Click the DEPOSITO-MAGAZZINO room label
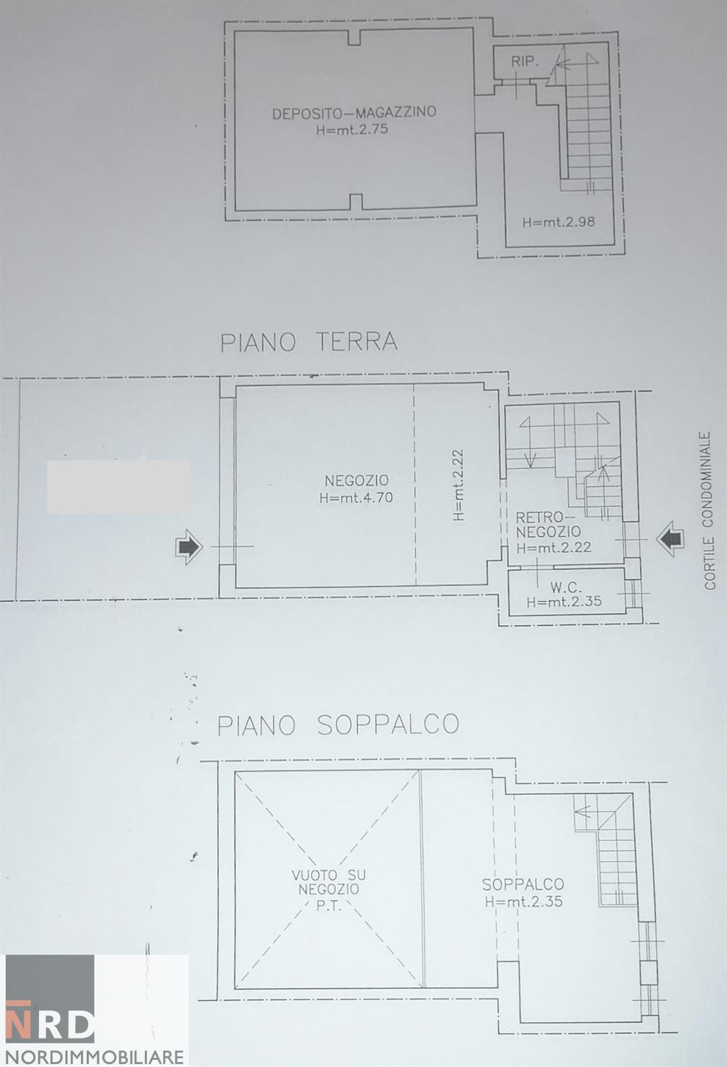tap(354, 112)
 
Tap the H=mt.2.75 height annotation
tap(353, 130)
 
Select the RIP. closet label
tap(525, 62)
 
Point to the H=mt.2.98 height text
tap(558, 222)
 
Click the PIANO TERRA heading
tap(309, 342)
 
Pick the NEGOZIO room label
tap(357, 481)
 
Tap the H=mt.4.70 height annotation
tap(356, 498)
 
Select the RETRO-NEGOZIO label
tap(548, 524)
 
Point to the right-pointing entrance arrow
tap(189, 547)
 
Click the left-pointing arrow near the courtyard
tap(668, 540)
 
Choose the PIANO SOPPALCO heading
tap(338, 725)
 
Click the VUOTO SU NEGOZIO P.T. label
tap(329, 889)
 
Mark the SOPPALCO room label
tap(523, 884)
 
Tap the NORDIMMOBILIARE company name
tap(94, 1056)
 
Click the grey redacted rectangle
tap(118, 487)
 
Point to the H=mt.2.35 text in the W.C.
tap(564, 601)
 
